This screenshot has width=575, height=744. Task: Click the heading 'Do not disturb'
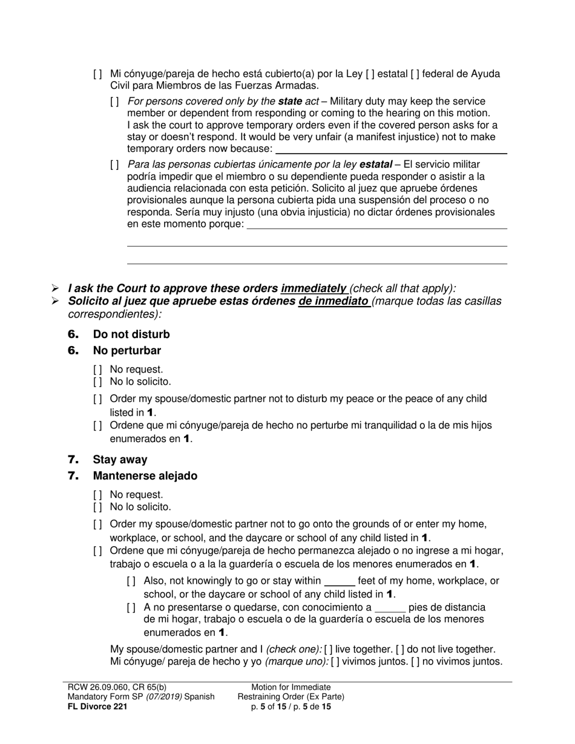pyautogui.click(x=131, y=334)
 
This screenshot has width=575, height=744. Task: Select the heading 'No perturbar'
pyautogui.click(x=126, y=351)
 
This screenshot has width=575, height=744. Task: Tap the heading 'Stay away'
pyautogui.click(x=120, y=460)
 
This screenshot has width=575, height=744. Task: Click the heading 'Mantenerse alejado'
pyautogui.click(x=145, y=476)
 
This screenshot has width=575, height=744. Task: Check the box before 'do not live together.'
pyautogui.click(x=400, y=649)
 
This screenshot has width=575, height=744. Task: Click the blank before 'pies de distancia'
pyautogui.click(x=390, y=608)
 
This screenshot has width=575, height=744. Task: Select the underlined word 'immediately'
pyautogui.click(x=314, y=289)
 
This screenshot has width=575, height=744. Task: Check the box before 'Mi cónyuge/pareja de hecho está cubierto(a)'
pyautogui.click(x=97, y=74)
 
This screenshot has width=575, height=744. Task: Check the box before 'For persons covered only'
pyautogui.click(x=114, y=102)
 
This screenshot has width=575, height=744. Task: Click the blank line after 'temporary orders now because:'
pyautogui.click(x=391, y=150)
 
